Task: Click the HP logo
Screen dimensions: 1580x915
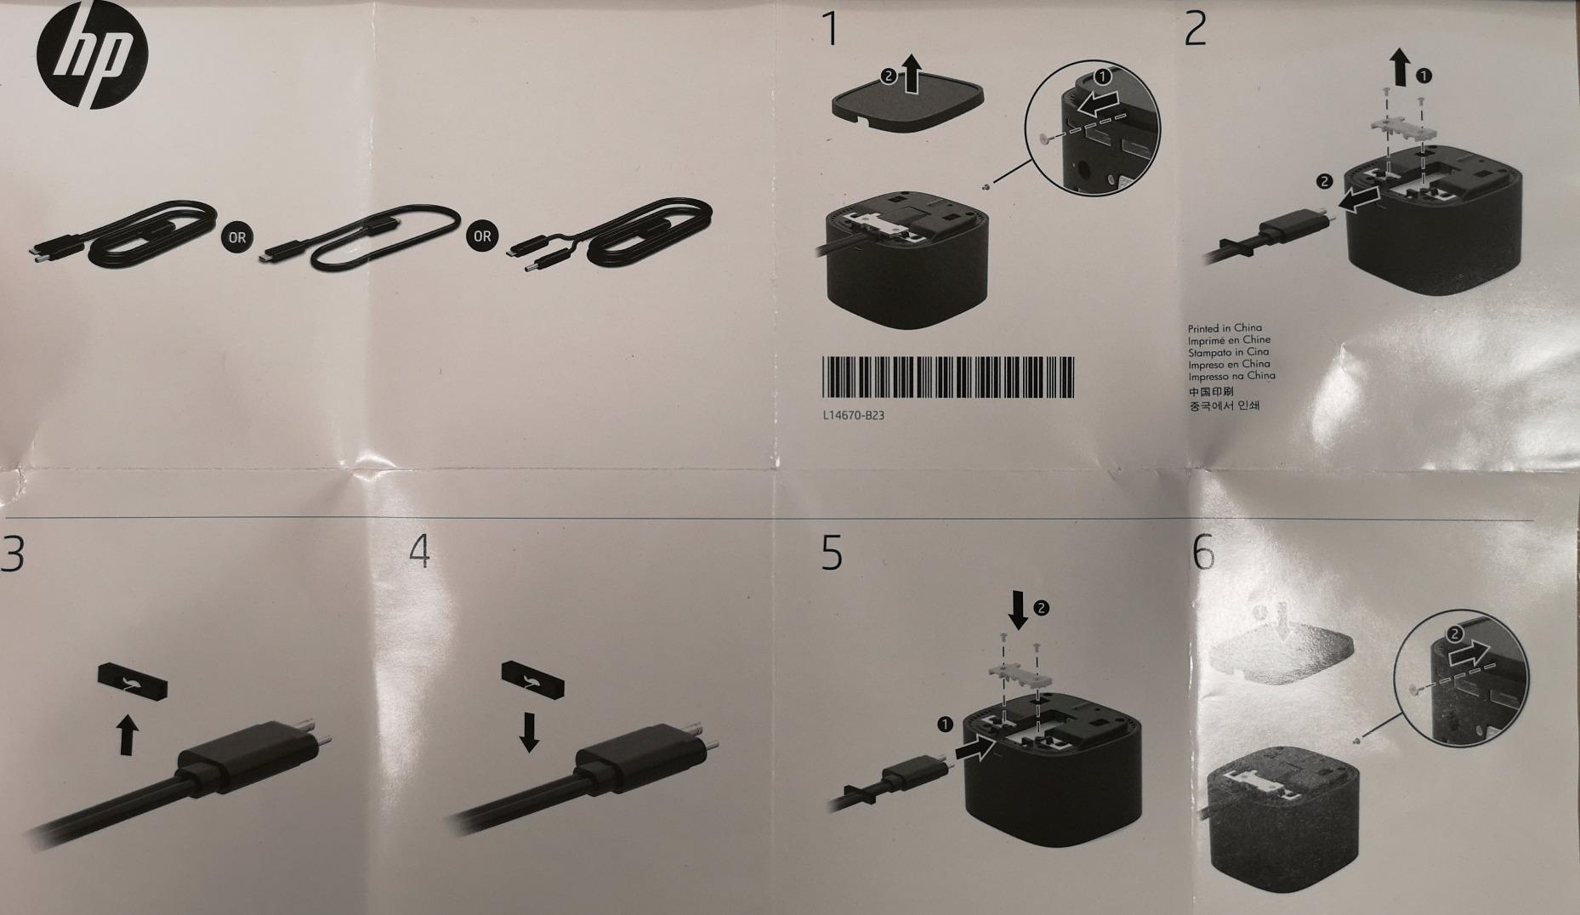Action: pos(93,56)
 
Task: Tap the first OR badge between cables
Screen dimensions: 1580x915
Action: pos(237,237)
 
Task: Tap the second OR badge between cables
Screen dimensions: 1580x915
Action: pos(482,236)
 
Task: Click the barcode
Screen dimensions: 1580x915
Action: pos(947,377)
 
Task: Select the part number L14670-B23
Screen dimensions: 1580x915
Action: pos(848,416)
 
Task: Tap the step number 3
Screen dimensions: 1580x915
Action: pos(12,554)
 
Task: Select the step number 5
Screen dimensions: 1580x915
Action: pos(832,553)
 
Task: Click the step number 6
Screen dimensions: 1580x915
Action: pos(1203,554)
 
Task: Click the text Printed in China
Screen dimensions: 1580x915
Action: pos(1225,328)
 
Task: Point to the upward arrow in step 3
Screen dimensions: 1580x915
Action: pos(127,735)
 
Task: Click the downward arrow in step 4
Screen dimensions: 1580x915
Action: pos(529,732)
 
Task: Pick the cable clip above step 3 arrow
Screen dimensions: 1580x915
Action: pos(133,681)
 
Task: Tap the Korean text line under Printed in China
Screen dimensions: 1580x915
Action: pos(1224,406)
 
